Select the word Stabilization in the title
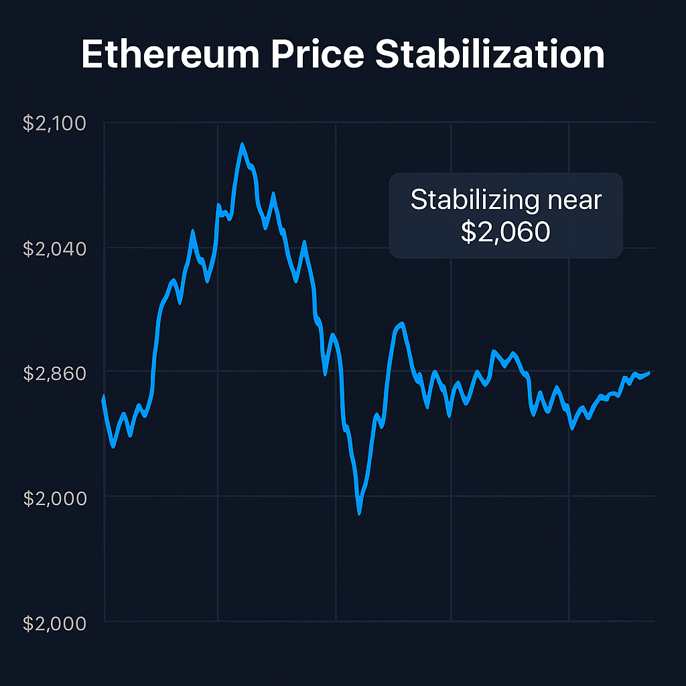tap(490, 55)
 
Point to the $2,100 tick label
tap(55, 123)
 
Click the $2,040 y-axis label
tap(55, 249)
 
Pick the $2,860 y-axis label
tap(55, 373)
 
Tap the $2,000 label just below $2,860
tap(55, 498)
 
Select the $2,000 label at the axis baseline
tap(55, 623)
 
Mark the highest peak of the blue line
tap(242, 144)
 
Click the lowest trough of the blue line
tap(360, 512)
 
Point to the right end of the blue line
tap(648, 372)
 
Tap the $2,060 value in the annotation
tap(506, 232)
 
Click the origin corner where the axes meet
tap(105, 622)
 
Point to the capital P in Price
tap(282, 55)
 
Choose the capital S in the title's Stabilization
tap(387, 55)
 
